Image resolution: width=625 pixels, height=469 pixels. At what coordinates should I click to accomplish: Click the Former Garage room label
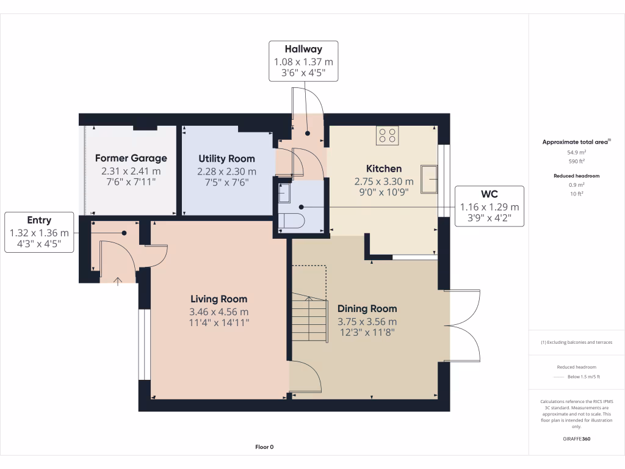tap(131, 158)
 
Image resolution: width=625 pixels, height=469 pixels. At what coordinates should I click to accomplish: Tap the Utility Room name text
tap(226, 159)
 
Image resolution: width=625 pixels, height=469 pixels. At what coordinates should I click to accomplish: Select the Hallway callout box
tap(303, 62)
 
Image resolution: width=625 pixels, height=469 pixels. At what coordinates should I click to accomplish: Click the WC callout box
tap(489, 206)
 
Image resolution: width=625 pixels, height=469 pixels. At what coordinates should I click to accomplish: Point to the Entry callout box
tap(39, 233)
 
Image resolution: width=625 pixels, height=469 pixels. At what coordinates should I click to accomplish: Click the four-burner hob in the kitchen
tap(388, 136)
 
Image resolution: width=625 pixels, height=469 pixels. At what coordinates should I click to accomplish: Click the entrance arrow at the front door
tap(117, 280)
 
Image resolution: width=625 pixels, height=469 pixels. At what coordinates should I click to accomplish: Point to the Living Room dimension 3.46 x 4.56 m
tap(219, 311)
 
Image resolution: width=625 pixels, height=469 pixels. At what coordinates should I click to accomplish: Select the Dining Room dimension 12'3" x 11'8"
tap(367, 333)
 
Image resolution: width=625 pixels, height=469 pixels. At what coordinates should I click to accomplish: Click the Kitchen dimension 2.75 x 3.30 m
tap(383, 181)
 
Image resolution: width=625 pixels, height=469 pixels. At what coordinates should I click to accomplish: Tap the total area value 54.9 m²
tap(577, 153)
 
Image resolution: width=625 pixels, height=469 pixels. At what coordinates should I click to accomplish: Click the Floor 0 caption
tap(264, 447)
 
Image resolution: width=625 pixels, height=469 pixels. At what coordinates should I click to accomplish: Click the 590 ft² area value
tap(577, 161)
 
